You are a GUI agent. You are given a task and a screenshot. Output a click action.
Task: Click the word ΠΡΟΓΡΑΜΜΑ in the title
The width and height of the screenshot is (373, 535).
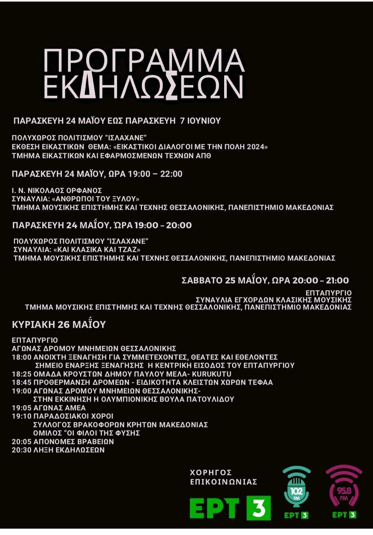[x=144, y=61]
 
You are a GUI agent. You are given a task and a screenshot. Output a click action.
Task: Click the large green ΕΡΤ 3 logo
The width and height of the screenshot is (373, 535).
[x=230, y=508]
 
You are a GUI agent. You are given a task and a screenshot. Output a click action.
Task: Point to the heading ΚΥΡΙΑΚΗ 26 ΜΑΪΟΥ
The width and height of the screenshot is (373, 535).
[x=59, y=325]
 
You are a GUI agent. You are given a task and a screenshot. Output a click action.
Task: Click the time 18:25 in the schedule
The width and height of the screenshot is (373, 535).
[x=21, y=374]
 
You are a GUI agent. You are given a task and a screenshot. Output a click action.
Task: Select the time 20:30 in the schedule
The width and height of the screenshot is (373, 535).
[x=21, y=450]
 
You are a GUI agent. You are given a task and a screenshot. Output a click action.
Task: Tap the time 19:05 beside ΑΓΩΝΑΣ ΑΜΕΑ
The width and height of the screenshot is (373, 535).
[x=21, y=408]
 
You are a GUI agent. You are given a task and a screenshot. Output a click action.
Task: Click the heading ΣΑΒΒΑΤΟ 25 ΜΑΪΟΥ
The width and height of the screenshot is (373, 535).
[x=224, y=280]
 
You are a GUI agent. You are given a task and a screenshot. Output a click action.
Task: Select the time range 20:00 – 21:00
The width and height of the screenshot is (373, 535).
[x=321, y=280]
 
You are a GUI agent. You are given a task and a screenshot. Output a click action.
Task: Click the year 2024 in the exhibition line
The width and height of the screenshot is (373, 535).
[x=256, y=147]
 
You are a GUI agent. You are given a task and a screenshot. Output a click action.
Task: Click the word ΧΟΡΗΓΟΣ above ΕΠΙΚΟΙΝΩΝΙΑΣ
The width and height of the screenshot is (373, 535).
[x=211, y=473]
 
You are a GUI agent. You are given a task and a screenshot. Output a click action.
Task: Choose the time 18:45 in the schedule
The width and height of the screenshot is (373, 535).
[x=21, y=382]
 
